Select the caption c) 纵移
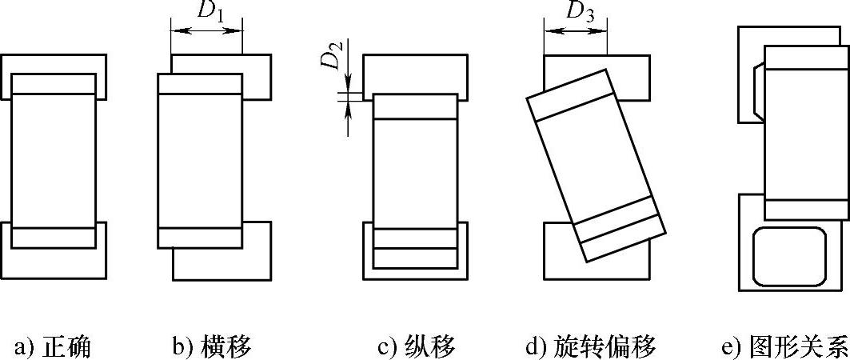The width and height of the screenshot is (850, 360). tap(416, 346)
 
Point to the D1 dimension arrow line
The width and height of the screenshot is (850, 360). tap(206, 31)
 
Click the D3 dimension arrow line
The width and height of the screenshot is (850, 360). tap(575, 31)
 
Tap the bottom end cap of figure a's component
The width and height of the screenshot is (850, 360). tap(54, 238)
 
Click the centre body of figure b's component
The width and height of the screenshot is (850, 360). tap(200, 160)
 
